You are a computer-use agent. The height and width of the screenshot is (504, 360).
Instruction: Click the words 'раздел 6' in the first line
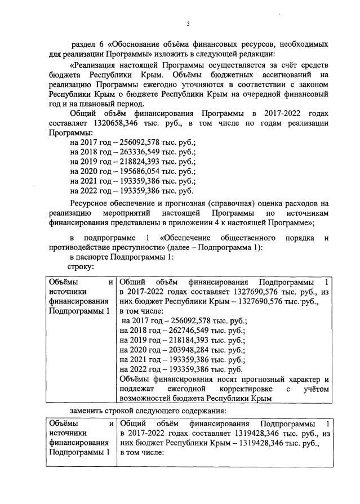86,43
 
